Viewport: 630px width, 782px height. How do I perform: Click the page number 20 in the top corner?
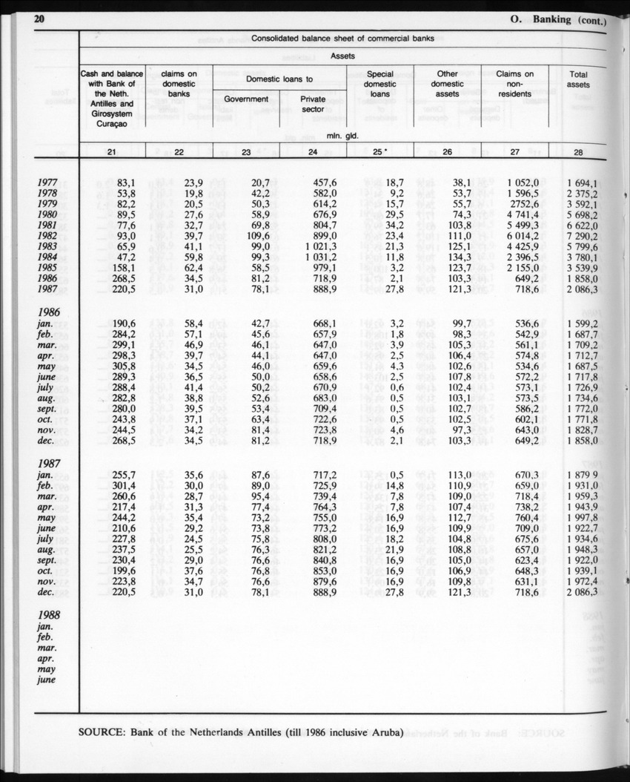tap(42, 21)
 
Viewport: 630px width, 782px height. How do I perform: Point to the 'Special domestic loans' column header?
tap(380, 84)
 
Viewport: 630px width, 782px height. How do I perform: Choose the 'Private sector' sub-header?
tap(314, 104)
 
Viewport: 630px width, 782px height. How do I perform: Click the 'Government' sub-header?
tap(246, 99)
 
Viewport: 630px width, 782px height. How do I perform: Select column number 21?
tap(112, 152)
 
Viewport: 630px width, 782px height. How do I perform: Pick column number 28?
tap(578, 152)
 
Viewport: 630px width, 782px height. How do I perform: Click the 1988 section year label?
tap(48, 615)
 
